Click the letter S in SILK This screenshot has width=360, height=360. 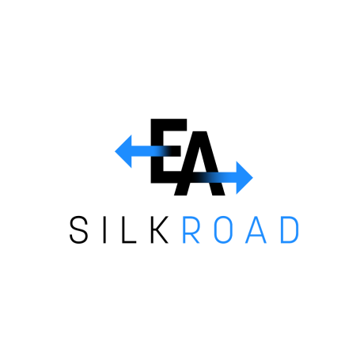[x=78, y=229]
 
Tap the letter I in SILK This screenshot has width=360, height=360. [x=104, y=229]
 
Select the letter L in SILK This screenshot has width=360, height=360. [x=129, y=229]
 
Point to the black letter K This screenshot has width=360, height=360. [x=160, y=229]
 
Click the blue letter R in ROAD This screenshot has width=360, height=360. [x=191, y=229]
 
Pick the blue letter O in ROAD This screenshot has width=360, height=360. [x=223, y=229]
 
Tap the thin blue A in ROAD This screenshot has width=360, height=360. [x=256, y=229]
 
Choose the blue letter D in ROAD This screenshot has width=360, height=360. [x=290, y=229]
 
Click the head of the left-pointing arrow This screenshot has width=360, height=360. [x=123, y=151]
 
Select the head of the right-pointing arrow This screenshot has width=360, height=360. [x=244, y=178]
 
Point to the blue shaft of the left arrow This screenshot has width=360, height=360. [x=149, y=151]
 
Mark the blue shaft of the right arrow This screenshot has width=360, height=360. [x=216, y=178]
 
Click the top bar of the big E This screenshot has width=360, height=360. [x=169, y=124]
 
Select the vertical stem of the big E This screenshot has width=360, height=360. [x=157, y=151]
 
